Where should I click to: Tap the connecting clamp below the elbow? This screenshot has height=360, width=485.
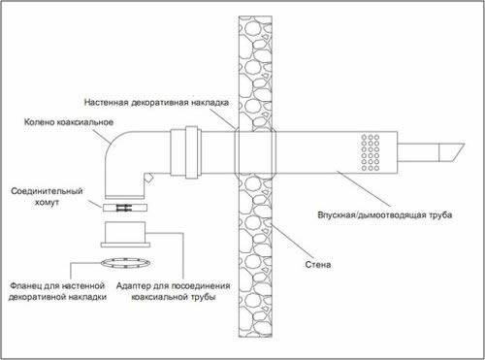tap(124, 208)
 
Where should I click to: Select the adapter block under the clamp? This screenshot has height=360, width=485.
tap(125, 234)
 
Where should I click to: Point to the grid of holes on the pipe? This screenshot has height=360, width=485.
tap(370, 148)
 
